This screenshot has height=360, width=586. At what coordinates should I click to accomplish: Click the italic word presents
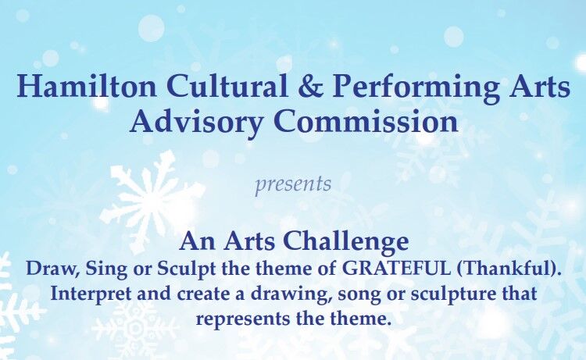pos(293,186)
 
